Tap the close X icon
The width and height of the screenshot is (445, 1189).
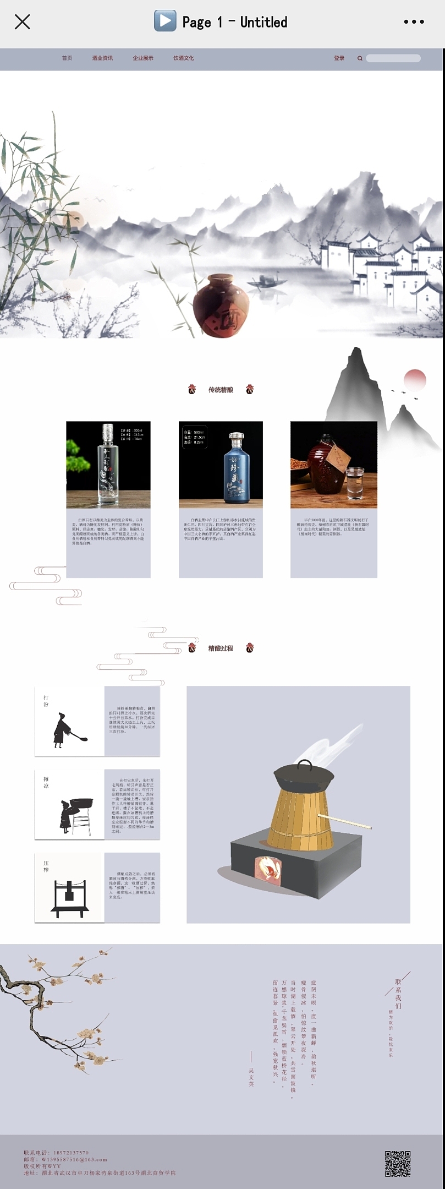pos(22,22)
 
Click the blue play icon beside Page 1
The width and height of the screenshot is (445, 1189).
pos(164,21)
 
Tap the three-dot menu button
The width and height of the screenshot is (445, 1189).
pos(414,22)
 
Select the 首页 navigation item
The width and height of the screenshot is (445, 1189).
pos(67,58)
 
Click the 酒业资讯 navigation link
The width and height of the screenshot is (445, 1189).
pos(102,58)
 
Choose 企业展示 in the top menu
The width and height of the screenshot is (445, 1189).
pos(143,58)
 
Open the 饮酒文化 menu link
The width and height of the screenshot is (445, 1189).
pos(184,58)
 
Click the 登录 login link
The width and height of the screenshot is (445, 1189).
pos(339,58)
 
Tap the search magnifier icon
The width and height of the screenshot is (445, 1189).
pos(360,58)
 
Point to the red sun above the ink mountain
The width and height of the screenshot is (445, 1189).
pos(415,379)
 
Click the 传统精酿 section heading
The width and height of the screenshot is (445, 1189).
pos(221,390)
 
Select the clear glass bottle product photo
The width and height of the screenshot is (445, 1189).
pos(108,465)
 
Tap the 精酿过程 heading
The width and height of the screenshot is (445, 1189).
pos(221,648)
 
